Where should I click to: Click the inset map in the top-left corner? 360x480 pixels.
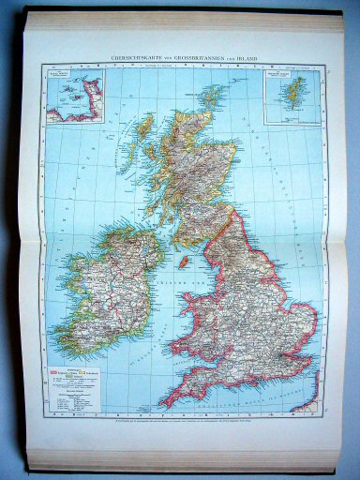(x=75, y=95)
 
